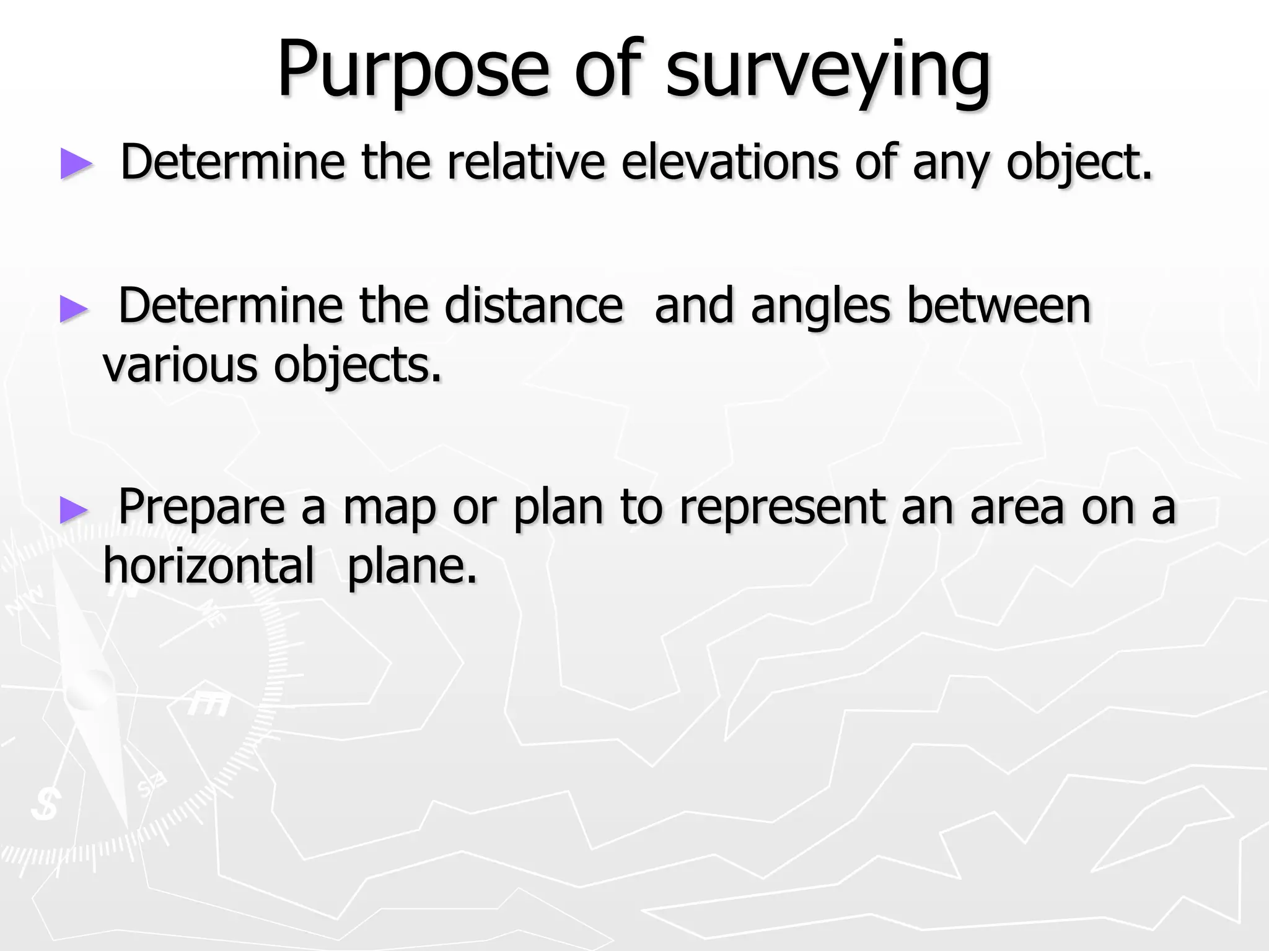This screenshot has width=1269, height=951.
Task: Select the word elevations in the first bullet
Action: (x=729, y=162)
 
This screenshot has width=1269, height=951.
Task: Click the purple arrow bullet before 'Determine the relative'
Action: (x=76, y=164)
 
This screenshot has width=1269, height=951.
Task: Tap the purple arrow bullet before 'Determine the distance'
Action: (x=75, y=308)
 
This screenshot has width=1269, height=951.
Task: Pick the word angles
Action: (x=820, y=306)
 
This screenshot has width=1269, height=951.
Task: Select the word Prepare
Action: (x=201, y=508)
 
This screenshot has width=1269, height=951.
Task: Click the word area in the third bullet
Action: (x=1016, y=508)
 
